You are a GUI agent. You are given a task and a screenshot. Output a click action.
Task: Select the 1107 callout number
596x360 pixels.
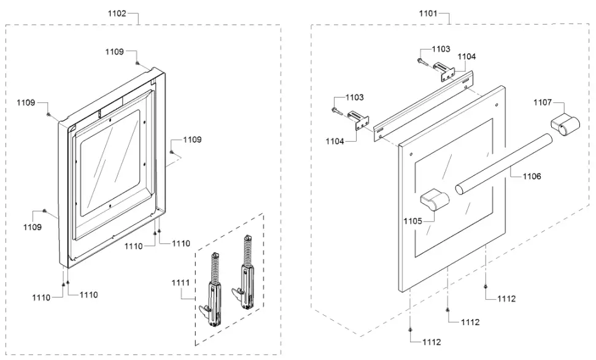pyautogui.click(x=543, y=102)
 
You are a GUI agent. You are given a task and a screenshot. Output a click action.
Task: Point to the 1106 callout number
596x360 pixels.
pyautogui.click(x=532, y=176)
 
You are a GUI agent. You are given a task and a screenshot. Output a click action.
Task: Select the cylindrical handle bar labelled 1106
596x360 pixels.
pyautogui.click(x=503, y=164)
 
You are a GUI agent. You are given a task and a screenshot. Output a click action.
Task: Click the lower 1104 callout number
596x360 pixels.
pyautogui.click(x=336, y=141)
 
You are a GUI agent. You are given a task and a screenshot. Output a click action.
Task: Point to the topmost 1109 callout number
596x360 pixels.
pyautogui.click(x=114, y=52)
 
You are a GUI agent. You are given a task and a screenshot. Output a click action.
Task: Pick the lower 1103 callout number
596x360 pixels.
pyautogui.click(x=354, y=98)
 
